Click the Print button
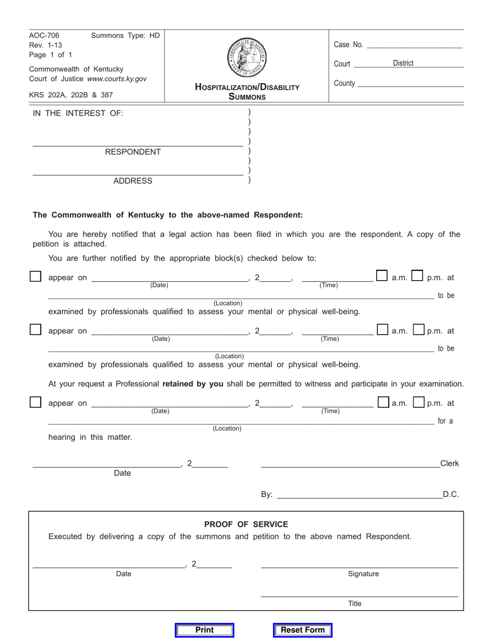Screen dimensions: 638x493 [x=204, y=630]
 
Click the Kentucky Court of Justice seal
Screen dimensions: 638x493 [x=247, y=58]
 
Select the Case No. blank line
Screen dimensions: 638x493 [x=414, y=46]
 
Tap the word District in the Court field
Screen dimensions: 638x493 [x=403, y=63]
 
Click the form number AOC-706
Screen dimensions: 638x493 [x=45, y=36]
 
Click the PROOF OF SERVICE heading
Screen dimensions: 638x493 [x=246, y=524]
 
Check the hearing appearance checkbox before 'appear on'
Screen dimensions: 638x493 [x=35, y=402]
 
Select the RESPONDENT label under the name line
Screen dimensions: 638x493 [x=133, y=152]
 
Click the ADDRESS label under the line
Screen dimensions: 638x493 [x=133, y=181]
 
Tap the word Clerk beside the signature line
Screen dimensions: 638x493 [x=449, y=464]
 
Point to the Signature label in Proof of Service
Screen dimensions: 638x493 [x=363, y=574]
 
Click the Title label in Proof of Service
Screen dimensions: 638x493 [x=355, y=604]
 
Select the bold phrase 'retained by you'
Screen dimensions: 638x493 [x=193, y=384]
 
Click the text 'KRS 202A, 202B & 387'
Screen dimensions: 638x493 [x=71, y=95]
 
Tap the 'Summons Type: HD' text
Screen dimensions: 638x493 [x=126, y=36]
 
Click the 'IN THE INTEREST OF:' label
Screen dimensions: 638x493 [x=78, y=114]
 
